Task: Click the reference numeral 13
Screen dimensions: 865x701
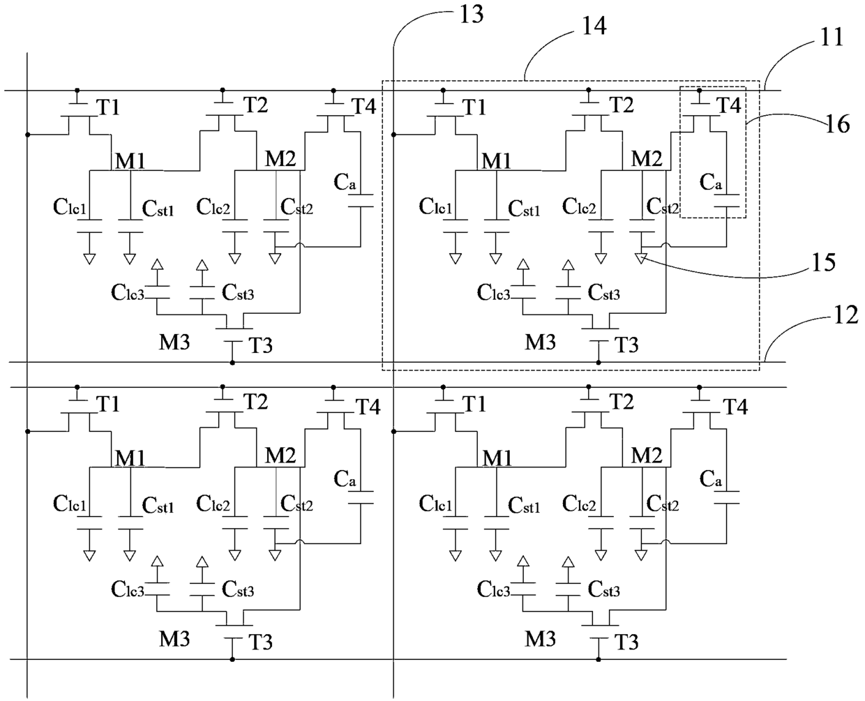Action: coord(471,15)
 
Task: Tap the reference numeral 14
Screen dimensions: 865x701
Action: coord(594,26)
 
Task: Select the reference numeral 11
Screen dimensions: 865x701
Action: coord(832,38)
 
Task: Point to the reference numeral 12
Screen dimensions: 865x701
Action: coord(846,315)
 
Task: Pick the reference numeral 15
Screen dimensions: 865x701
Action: coord(823,262)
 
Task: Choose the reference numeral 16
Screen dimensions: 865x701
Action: coord(838,124)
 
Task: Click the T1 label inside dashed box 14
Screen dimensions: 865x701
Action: coord(474,107)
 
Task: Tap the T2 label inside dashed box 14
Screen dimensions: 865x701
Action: coord(622,105)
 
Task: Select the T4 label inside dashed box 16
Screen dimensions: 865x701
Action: coord(729,105)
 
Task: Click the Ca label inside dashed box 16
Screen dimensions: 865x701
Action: coord(711,182)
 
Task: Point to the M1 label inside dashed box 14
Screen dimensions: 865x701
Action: coord(497,161)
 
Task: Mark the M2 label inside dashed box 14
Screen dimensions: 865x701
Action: coord(647,158)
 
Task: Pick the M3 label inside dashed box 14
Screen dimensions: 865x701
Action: coord(540,342)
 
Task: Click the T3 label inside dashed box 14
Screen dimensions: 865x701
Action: coord(626,345)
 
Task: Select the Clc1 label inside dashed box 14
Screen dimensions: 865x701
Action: coord(435,206)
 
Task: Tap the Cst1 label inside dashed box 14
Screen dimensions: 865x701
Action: coord(524,209)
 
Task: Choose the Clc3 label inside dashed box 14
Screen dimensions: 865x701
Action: coord(493,292)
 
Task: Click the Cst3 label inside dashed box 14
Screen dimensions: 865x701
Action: coord(604,292)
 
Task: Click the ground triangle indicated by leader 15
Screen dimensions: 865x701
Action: coord(641,259)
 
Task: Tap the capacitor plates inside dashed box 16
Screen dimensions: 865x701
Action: coord(727,201)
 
